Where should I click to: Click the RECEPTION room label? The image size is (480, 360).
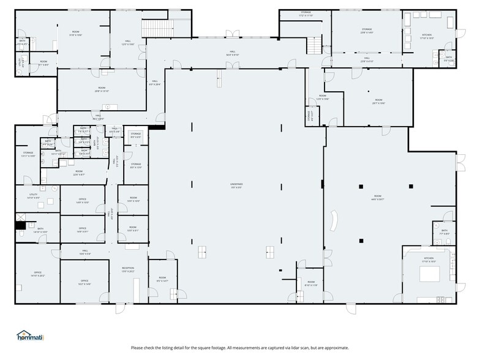127,269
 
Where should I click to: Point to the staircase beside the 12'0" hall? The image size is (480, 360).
157,28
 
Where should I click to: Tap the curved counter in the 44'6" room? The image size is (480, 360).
335,221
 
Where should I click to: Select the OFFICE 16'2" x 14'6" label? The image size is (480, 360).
84,282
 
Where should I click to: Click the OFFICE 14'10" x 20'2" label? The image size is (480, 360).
37,274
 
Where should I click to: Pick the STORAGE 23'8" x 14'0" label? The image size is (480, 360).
367,31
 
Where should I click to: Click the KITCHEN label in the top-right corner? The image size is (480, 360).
427,36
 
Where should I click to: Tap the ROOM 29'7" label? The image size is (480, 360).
378,102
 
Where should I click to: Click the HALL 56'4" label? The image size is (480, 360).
233,53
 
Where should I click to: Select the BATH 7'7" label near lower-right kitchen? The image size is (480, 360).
444,233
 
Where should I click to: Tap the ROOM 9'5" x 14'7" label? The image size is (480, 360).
160,280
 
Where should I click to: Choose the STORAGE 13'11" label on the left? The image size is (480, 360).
28,154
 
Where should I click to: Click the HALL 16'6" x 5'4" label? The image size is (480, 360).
84,252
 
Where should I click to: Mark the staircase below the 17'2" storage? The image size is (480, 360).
313,45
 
